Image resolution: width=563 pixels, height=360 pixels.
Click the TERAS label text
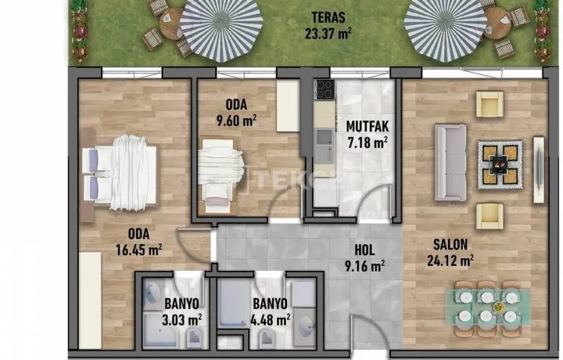328,17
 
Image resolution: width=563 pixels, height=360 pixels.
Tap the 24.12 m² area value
450,261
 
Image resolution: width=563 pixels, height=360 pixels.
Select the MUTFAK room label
368,127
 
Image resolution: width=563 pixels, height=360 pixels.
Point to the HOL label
364,250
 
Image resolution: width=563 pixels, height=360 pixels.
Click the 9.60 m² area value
236,121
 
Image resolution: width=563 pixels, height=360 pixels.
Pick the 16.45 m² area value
138,250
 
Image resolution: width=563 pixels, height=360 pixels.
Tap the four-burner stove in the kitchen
325,89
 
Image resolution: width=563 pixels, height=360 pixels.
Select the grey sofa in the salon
450,162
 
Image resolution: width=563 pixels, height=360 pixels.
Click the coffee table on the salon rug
500,164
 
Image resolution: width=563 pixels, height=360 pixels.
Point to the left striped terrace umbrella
221,26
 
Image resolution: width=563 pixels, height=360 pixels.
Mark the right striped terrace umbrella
446,26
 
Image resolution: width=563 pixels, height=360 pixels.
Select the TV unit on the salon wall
538,170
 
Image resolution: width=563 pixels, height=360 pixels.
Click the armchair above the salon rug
489,104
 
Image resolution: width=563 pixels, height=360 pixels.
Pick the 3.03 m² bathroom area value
181,319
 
